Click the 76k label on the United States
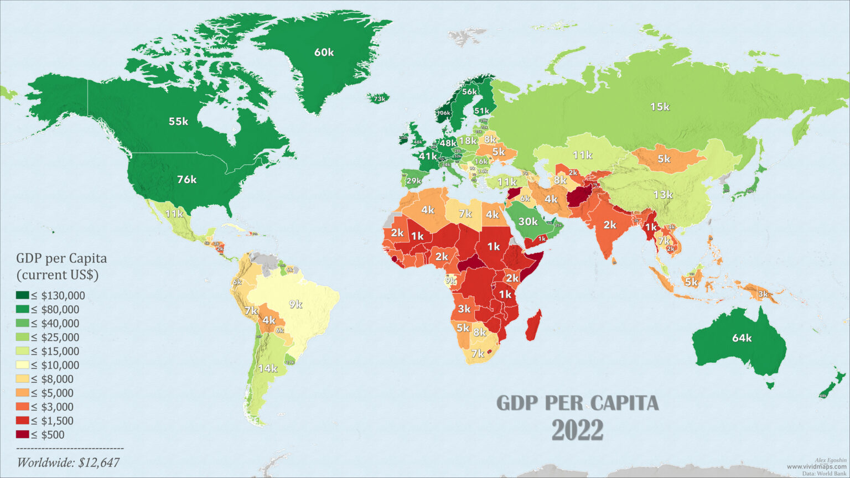[186, 179]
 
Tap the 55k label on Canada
[178, 121]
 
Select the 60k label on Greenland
[324, 52]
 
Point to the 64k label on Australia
[742, 337]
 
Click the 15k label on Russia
[660, 106]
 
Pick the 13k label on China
[662, 194]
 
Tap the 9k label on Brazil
[295, 304]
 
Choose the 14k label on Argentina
[267, 368]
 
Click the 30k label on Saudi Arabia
[528, 221]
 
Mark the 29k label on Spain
[413, 181]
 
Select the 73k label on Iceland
[379, 99]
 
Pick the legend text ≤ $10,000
[55, 365]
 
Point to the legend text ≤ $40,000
[55, 324]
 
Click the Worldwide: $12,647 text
[68, 463]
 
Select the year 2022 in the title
[577, 430]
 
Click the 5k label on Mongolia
[664, 159]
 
